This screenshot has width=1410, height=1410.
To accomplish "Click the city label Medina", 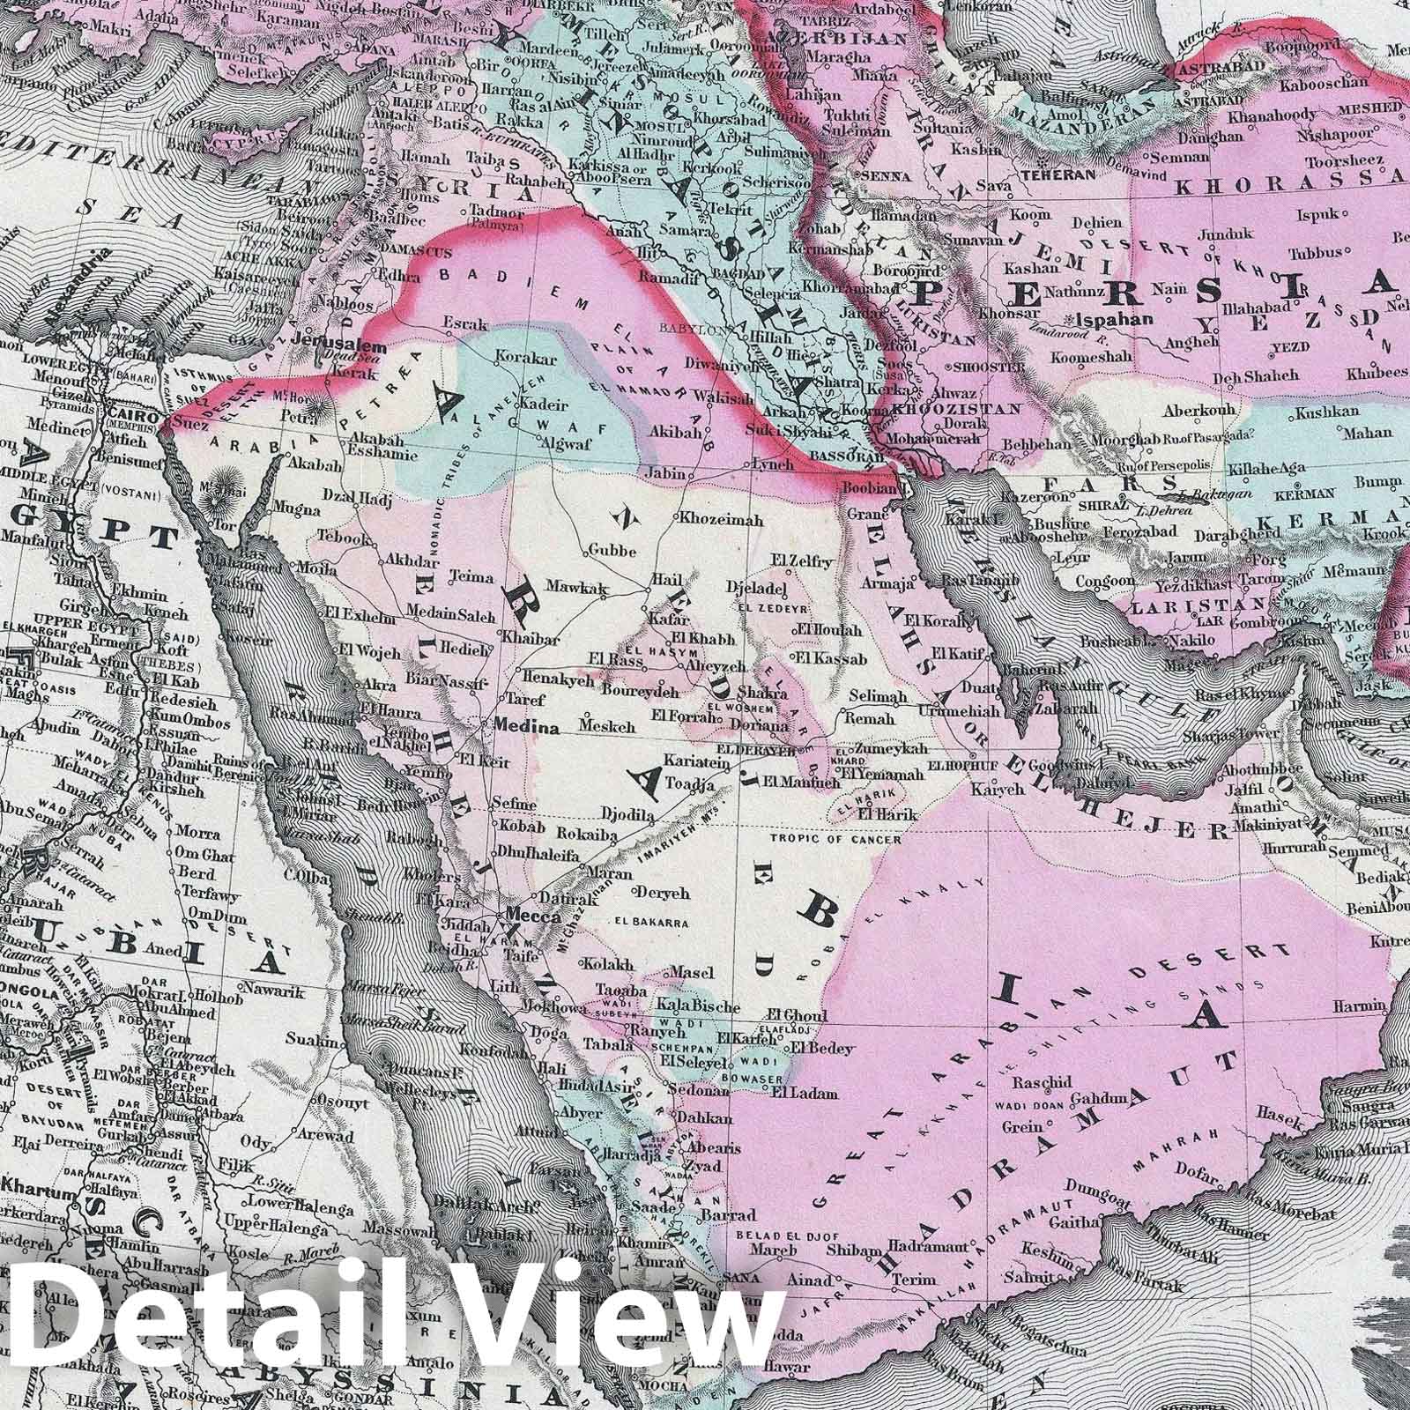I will click(528, 729).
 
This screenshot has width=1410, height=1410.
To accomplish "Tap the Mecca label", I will click(532, 917).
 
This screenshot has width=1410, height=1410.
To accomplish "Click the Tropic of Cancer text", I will click(835, 839).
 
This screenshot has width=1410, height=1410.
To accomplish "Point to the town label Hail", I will click(661, 581).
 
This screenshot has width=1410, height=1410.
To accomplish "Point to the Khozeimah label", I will click(722, 521).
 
